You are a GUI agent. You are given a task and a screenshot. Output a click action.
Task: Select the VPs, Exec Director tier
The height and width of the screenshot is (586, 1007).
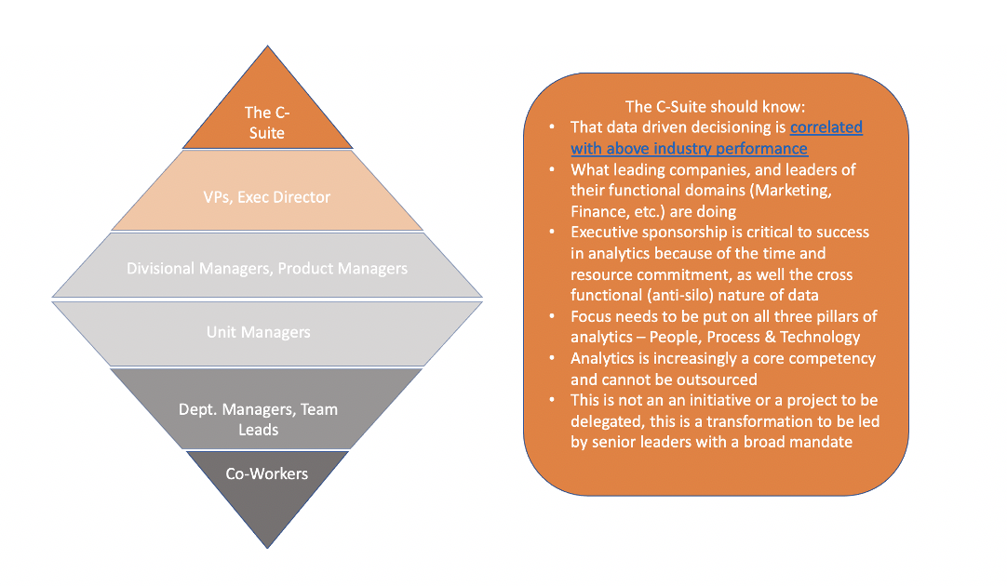click(267, 197)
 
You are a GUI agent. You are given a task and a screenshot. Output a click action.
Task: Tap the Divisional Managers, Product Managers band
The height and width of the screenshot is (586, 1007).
click(267, 269)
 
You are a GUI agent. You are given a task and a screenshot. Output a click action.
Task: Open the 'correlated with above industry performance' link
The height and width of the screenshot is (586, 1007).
click(717, 138)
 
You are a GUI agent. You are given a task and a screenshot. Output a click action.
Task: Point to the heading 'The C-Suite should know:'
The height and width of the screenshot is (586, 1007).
click(715, 107)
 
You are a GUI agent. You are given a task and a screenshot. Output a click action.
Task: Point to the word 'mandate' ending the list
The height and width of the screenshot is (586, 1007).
click(822, 442)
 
